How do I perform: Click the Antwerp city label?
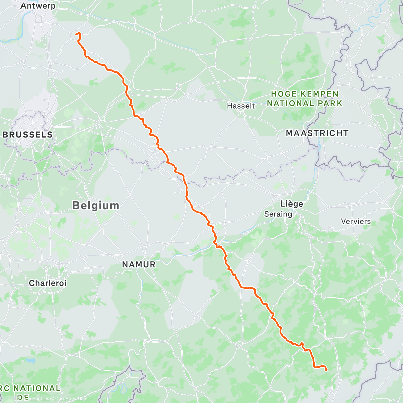click(x=38, y=6)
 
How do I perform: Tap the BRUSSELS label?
click(x=28, y=135)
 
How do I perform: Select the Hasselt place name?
click(x=241, y=106)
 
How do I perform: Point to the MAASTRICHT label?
click(x=317, y=133)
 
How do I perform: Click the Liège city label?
click(x=292, y=204)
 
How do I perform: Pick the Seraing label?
click(x=278, y=214)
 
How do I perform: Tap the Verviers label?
click(x=356, y=221)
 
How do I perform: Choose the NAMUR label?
click(x=139, y=265)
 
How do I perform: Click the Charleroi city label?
click(x=48, y=283)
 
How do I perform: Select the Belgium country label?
click(x=96, y=205)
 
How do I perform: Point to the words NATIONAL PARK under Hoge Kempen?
click(x=304, y=103)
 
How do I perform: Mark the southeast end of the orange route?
click(x=326, y=370)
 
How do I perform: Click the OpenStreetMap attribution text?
click(x=71, y=399)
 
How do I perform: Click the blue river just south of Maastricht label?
click(x=318, y=151)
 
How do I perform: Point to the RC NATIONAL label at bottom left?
click(x=30, y=389)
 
